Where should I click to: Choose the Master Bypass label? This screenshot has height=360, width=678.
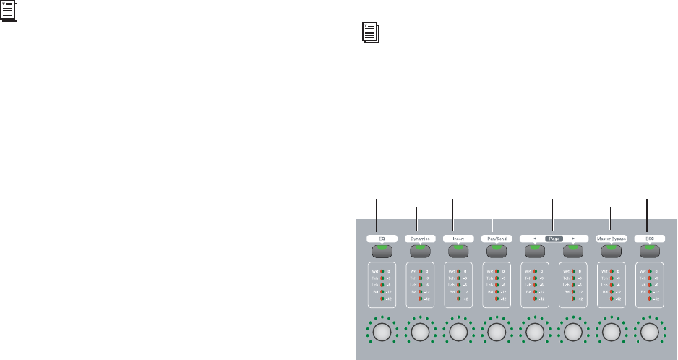click(x=611, y=237)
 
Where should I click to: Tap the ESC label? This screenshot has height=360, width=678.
click(x=649, y=237)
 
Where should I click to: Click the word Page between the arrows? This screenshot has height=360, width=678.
click(x=553, y=237)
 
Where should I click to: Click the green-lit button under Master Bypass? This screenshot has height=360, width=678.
click(x=611, y=250)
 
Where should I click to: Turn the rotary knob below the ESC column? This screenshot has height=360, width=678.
click(x=649, y=332)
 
